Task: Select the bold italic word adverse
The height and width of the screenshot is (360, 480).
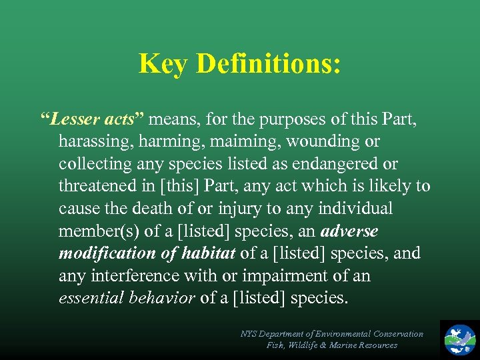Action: tap(349, 231)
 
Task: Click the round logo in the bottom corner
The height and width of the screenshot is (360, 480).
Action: tap(461, 339)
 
